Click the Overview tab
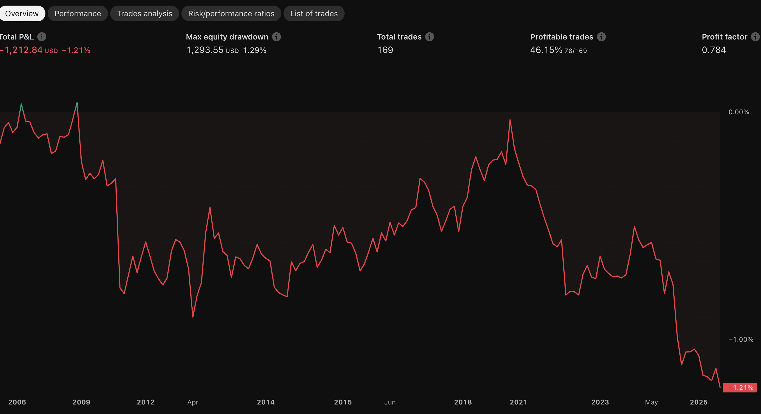pos(22,13)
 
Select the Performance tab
pos(78,13)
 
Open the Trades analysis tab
pos(144,13)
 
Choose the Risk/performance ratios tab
pos(231,13)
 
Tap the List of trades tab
pos(314,13)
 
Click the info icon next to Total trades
pos(430,37)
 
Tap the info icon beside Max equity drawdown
pos(276,37)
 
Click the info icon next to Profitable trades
pos(601,37)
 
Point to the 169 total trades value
pos(385,50)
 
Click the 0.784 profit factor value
pos(714,50)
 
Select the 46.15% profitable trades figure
pos(546,50)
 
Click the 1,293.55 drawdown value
pos(205,50)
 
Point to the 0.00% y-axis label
pos(739,112)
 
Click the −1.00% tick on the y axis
pos(741,340)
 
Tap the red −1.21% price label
pos(740,387)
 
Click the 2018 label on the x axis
pos(463,402)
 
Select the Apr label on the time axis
pos(193,402)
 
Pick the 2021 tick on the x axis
pos(518,402)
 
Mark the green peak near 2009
pos(77,103)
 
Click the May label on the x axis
pos(651,402)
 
